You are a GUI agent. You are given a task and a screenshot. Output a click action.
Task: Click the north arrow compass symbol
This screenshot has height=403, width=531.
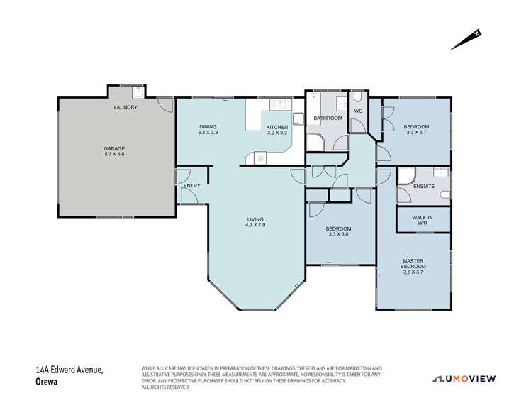point(466,40)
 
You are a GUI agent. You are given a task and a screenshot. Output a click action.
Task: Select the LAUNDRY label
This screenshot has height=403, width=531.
point(125,107)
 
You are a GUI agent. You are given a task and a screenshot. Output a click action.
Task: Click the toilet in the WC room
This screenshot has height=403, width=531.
point(359,99)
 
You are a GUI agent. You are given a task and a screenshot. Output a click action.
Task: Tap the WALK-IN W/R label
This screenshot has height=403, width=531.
point(422,220)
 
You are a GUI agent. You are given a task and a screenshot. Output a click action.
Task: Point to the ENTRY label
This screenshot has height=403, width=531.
point(191,186)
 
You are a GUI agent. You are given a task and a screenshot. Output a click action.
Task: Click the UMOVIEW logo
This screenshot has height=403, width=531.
point(474,378)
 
